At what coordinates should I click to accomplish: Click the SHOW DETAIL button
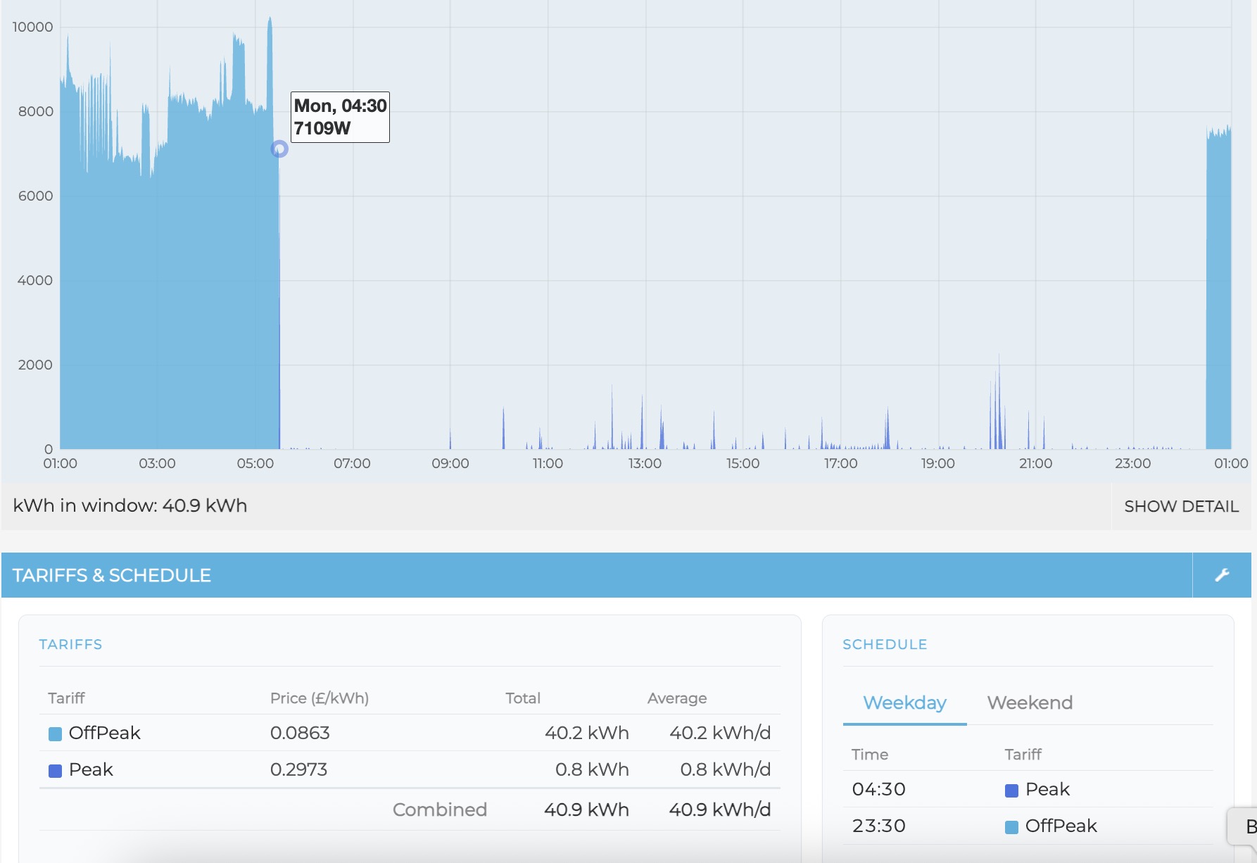click(1181, 506)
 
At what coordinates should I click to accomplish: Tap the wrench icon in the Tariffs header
click(1222, 575)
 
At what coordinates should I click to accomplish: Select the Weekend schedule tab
click(1030, 703)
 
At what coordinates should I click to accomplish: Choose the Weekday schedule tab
click(904, 703)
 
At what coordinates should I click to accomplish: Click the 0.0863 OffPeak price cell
click(300, 733)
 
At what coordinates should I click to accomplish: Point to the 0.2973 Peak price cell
click(298, 769)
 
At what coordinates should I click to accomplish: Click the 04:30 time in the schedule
click(878, 789)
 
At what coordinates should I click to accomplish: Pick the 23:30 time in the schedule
click(878, 826)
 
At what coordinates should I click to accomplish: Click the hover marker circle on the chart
click(279, 149)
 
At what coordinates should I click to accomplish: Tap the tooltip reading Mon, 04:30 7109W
click(340, 117)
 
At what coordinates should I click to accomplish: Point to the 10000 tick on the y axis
click(32, 27)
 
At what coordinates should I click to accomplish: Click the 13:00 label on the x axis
click(645, 463)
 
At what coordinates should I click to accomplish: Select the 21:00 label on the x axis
click(1035, 463)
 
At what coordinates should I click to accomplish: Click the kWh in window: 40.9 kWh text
click(130, 505)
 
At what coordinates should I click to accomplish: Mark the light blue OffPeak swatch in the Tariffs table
click(55, 734)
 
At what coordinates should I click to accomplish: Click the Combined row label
click(439, 810)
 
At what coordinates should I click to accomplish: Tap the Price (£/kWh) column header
click(320, 698)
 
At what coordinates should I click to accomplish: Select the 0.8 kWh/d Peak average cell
click(725, 769)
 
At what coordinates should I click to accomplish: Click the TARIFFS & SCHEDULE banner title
click(112, 575)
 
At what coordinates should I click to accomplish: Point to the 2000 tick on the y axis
click(35, 365)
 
